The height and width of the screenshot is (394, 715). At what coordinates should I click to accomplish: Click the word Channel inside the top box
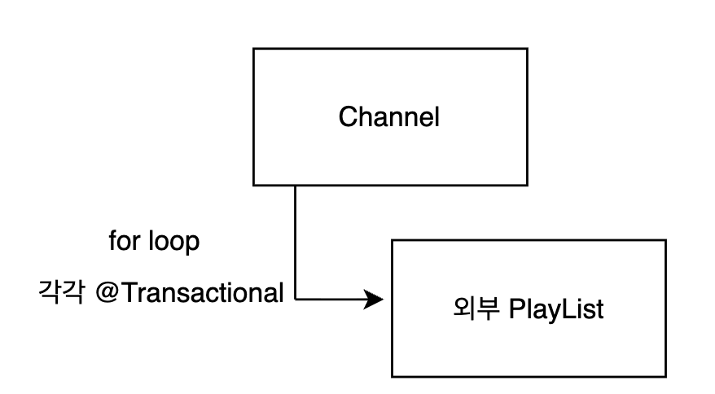(388, 117)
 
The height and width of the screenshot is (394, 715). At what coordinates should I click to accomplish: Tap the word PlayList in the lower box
(556, 309)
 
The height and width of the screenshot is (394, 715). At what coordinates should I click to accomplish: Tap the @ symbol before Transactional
(108, 292)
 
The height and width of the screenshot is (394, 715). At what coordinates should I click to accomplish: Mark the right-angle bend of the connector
(295, 300)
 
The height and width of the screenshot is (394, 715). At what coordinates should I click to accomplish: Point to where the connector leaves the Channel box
(295, 186)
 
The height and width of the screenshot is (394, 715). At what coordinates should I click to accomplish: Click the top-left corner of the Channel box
(254, 49)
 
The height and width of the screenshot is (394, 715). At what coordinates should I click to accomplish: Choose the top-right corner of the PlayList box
(665, 240)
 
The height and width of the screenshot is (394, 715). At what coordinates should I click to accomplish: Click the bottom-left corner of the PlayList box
(393, 376)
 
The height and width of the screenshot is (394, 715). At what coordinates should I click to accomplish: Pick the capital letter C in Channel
(347, 117)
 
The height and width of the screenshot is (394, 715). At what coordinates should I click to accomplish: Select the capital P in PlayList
(515, 309)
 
